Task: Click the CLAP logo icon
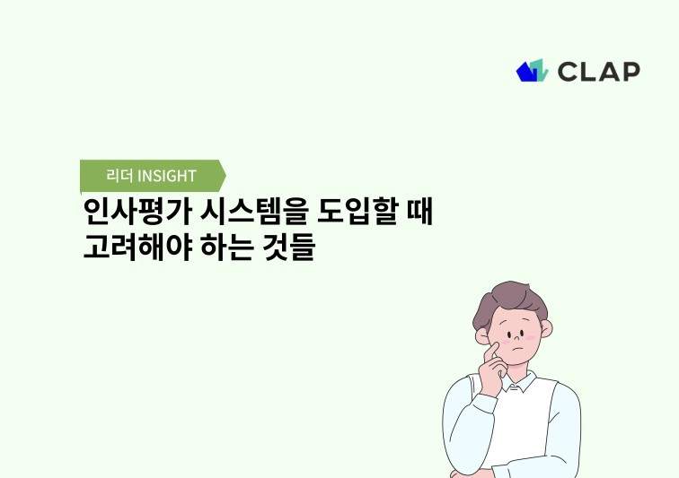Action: [532, 71]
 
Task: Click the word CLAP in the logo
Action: [598, 72]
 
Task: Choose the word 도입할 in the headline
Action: [352, 213]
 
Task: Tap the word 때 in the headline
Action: [418, 213]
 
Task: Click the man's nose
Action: [518, 339]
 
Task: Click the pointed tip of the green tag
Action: [225, 175]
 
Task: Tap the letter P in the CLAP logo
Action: [630, 72]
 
